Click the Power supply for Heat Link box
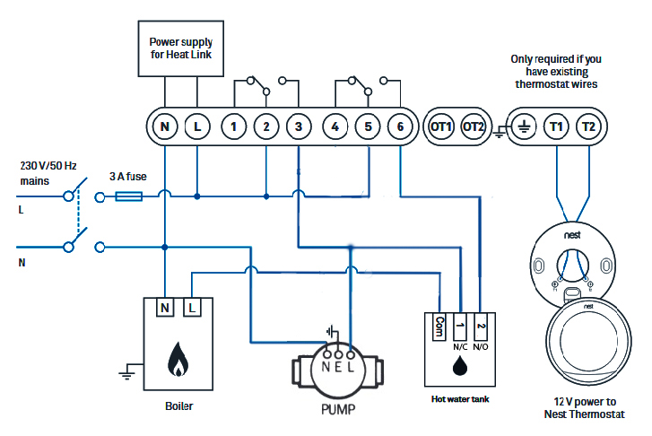click(181, 48)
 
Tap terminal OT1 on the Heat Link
click(440, 126)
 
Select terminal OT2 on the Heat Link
click(474, 126)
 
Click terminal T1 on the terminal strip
click(556, 126)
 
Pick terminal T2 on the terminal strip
click(589, 126)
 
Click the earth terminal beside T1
click(524, 126)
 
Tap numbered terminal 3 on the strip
click(299, 126)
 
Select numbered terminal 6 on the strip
click(400, 126)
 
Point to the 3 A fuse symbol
click(129, 196)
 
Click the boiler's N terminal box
click(165, 308)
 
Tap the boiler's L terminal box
click(192, 308)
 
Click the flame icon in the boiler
click(178, 360)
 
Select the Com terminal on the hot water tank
click(439, 327)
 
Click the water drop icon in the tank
click(460, 366)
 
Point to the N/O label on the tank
click(481, 347)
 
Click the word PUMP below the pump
click(338, 410)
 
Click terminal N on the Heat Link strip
click(165, 126)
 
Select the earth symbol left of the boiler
click(126, 371)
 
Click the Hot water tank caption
click(460, 399)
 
